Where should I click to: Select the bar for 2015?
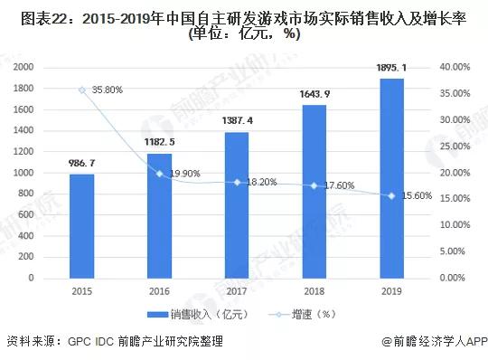click(x=82, y=225)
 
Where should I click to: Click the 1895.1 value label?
click(x=391, y=69)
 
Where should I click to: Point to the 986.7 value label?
click(x=82, y=164)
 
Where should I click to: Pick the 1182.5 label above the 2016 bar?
click(x=160, y=144)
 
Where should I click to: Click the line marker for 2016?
click(x=160, y=173)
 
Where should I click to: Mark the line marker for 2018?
click(x=314, y=185)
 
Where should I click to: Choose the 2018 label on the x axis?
click(x=314, y=291)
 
